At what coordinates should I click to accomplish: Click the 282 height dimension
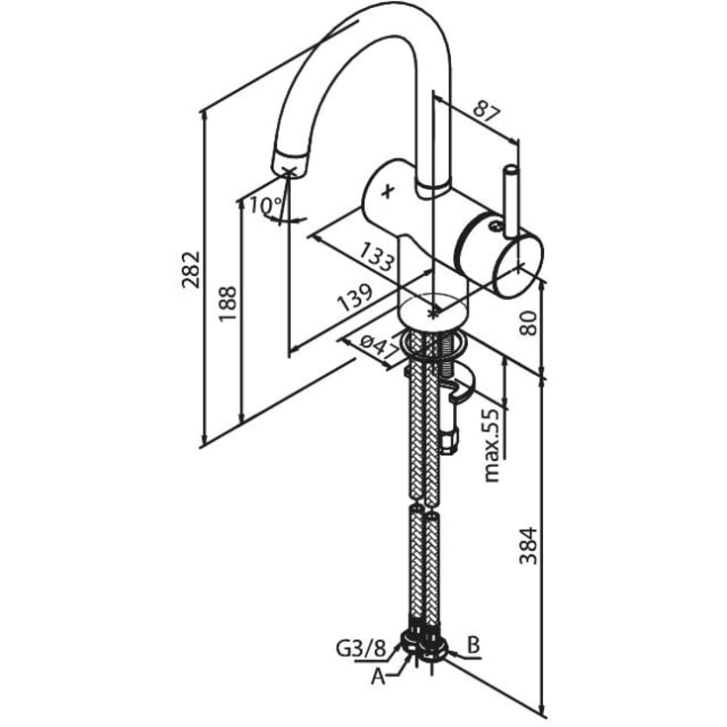click(191, 269)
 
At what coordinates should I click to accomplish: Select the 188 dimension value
click(227, 305)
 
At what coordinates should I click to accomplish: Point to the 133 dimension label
click(378, 262)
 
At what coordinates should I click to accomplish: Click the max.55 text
click(492, 445)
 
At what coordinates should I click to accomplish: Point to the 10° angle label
click(264, 207)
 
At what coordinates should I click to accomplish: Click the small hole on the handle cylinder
click(492, 226)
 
